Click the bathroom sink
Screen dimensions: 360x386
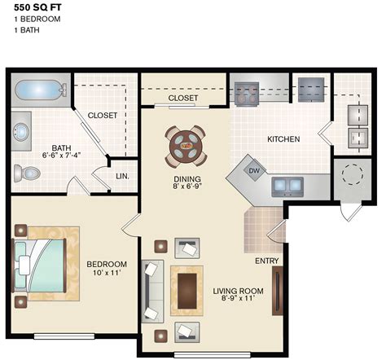[20, 130]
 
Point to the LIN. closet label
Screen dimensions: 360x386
[123, 176]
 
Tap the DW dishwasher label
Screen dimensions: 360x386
[254, 171]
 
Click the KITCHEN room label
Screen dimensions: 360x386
[283, 139]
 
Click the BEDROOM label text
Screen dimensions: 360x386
[107, 264]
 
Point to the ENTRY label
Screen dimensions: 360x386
[266, 261]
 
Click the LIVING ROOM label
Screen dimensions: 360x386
[239, 291]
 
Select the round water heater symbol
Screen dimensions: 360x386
[353, 175]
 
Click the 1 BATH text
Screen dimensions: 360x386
[17, 30]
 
